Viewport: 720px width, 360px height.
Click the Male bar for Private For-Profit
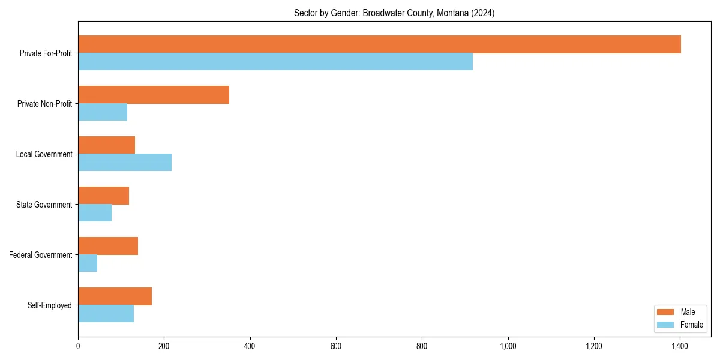[x=379, y=44]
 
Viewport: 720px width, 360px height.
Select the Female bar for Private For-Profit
[x=275, y=62]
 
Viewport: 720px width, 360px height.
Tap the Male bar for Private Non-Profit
[x=154, y=95]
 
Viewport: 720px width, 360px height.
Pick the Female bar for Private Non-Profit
[x=103, y=112]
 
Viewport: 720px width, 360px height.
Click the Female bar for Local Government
[x=125, y=163]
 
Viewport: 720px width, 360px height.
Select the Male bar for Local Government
[x=107, y=145]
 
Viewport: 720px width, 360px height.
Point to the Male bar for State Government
[x=104, y=196]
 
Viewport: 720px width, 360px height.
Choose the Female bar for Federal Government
[x=88, y=263]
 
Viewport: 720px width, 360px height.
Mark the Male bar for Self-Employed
[x=115, y=296]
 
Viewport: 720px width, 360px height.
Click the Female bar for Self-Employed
[x=106, y=314]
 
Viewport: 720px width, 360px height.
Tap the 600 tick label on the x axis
[x=336, y=346]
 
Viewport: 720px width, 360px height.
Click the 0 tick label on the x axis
[x=78, y=346]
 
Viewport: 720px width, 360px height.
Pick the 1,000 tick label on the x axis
[x=508, y=346]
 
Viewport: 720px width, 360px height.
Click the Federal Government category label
[x=41, y=255]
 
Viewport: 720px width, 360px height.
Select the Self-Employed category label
[x=50, y=305]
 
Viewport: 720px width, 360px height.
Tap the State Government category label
[x=44, y=205]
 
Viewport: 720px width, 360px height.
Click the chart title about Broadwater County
[x=394, y=13]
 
